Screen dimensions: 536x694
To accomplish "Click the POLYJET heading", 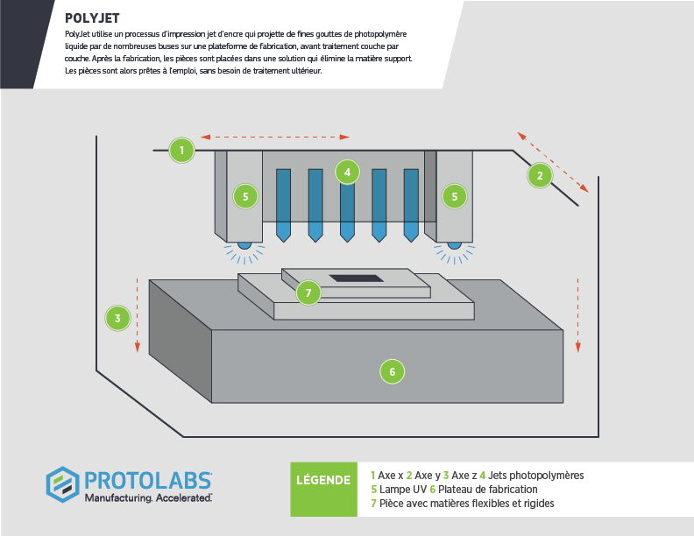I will (x=93, y=18).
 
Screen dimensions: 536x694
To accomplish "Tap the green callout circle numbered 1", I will (x=181, y=150).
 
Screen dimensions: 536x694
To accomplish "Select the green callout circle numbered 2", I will (x=540, y=175).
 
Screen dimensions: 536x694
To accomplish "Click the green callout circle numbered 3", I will (x=117, y=317).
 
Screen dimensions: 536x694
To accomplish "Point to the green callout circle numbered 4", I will (x=348, y=172).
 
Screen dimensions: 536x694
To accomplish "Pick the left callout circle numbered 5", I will (x=245, y=196).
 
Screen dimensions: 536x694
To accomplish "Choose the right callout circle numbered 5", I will (x=454, y=196).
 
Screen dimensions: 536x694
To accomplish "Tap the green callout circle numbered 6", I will (x=392, y=371).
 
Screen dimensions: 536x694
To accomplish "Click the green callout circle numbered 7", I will (x=308, y=293).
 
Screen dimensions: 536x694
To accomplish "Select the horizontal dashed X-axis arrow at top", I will (x=275, y=137).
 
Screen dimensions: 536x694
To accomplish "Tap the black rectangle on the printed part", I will (x=355, y=278).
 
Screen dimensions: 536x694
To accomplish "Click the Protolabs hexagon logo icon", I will (x=63, y=484).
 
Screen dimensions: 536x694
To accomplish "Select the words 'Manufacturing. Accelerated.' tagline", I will (x=147, y=497).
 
